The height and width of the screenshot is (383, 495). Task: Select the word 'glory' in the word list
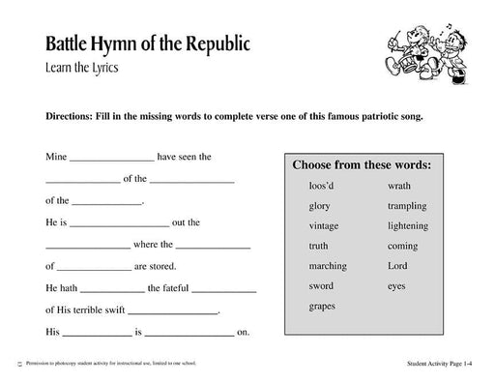[320, 206]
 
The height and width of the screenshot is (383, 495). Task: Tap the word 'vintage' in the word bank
[324, 225]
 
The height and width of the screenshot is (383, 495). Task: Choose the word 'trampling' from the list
[407, 206]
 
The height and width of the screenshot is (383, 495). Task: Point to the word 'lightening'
[409, 225]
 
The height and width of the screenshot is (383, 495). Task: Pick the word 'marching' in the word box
[327, 266]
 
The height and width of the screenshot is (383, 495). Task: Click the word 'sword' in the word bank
[321, 286]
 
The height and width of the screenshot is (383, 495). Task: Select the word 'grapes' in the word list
[322, 307]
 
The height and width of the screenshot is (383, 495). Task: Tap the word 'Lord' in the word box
[397, 266]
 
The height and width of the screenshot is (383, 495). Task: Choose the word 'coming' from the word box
[402, 246]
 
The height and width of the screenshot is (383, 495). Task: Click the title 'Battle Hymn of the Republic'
[147, 44]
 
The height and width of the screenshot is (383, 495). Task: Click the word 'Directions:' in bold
[73, 115]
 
